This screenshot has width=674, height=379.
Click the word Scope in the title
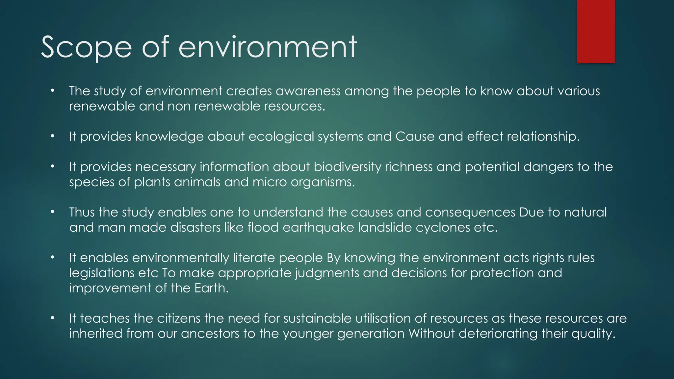pos(86,48)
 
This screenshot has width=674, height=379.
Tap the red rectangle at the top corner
pos(596,31)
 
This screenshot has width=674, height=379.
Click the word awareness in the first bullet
pos(308,91)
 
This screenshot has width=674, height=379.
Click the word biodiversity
pos(347,167)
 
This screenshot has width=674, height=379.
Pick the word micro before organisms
pos(270,182)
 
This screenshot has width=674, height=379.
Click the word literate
pos(254,258)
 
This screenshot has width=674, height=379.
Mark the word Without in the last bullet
pos(431,333)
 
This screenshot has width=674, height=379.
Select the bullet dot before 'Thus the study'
pos(52,212)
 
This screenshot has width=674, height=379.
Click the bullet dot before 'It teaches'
pos(52,318)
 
